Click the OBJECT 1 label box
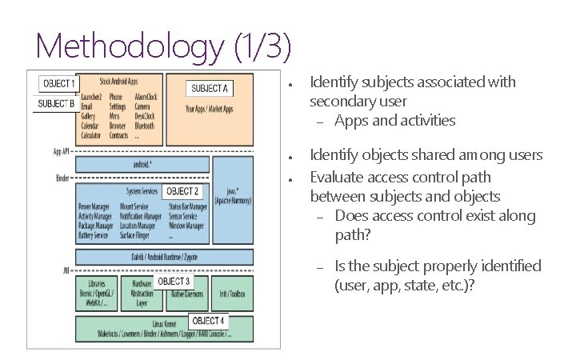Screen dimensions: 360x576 click(x=58, y=83)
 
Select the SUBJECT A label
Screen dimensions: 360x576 click(x=209, y=88)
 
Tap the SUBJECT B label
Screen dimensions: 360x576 click(x=56, y=103)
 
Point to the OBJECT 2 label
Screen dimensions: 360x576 click(x=182, y=192)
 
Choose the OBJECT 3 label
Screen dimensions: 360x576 click(x=174, y=282)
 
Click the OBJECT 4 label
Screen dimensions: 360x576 click(x=208, y=321)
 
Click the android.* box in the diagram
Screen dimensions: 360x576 click(x=142, y=166)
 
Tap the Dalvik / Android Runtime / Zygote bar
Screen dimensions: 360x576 click(x=164, y=257)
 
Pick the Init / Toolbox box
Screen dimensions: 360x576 click(x=232, y=294)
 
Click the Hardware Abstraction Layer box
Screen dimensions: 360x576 click(x=142, y=294)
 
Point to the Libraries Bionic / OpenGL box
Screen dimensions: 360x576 click(x=96, y=294)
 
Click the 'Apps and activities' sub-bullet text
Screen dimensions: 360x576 click(x=395, y=121)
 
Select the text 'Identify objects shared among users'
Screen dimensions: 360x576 click(x=426, y=154)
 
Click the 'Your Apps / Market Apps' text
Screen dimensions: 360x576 click(x=209, y=107)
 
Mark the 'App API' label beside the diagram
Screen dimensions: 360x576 click(x=61, y=150)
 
